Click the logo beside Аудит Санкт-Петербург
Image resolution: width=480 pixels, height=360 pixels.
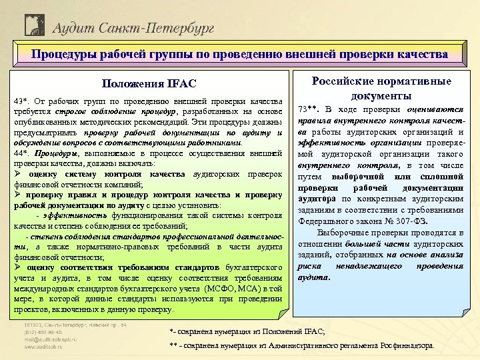click(x=34, y=26)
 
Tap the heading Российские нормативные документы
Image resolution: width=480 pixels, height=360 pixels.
click(x=381, y=88)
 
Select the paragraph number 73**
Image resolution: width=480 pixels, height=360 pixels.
click(x=309, y=108)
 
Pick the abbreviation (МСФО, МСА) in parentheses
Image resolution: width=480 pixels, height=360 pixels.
click(x=237, y=287)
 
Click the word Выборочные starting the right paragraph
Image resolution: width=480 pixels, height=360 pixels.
click(x=342, y=233)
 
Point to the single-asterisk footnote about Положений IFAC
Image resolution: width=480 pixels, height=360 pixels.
click(x=247, y=331)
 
